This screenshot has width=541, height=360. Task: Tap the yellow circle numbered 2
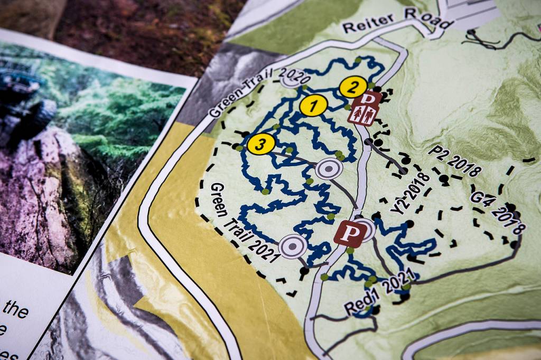tap(353, 87)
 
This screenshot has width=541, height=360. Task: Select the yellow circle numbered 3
tap(261, 144)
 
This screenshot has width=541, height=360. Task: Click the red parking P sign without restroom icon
tap(349, 233)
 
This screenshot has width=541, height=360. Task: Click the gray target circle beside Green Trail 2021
tap(293, 246)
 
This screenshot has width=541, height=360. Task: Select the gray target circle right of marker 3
tap(329, 169)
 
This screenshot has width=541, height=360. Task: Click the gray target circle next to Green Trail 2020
tap(290, 81)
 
